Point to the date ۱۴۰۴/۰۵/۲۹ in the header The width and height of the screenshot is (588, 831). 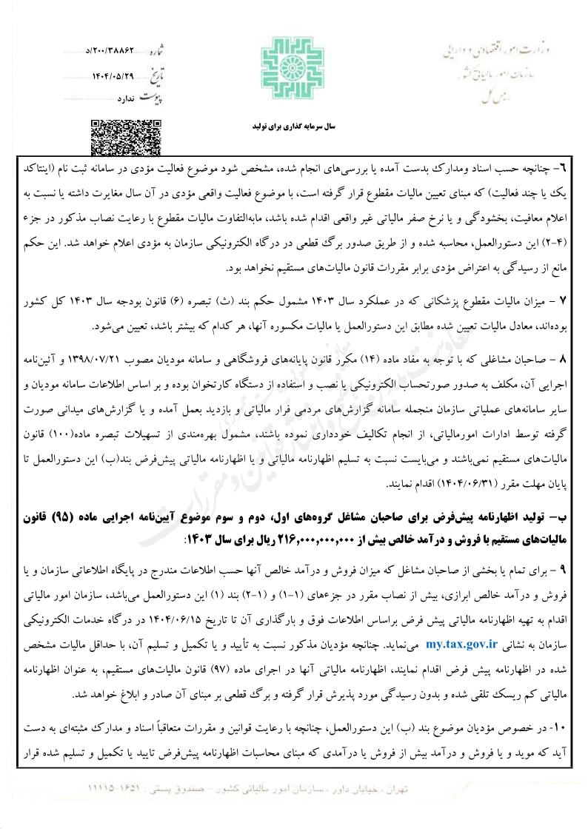(x=114, y=75)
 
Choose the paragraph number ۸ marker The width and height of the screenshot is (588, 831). (x=562, y=359)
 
